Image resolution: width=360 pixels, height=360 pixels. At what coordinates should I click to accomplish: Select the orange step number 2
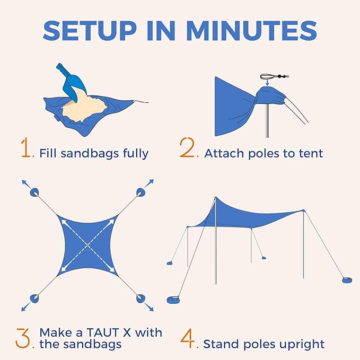[x=188, y=149]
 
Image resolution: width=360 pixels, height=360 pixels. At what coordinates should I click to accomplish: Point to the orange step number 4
[x=188, y=339]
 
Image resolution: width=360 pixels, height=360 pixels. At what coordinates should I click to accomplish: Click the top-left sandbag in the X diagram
[x=34, y=192]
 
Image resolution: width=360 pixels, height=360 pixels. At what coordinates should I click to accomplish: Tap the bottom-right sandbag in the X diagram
[x=140, y=298]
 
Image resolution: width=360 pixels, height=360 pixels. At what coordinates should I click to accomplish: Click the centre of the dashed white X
[x=88, y=245]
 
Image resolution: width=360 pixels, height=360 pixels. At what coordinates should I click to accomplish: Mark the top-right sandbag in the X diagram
[x=141, y=192]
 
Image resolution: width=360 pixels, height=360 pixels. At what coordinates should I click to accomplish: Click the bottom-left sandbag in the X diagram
[x=35, y=298]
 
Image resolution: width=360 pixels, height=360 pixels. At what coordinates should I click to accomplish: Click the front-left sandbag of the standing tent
[x=174, y=300]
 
